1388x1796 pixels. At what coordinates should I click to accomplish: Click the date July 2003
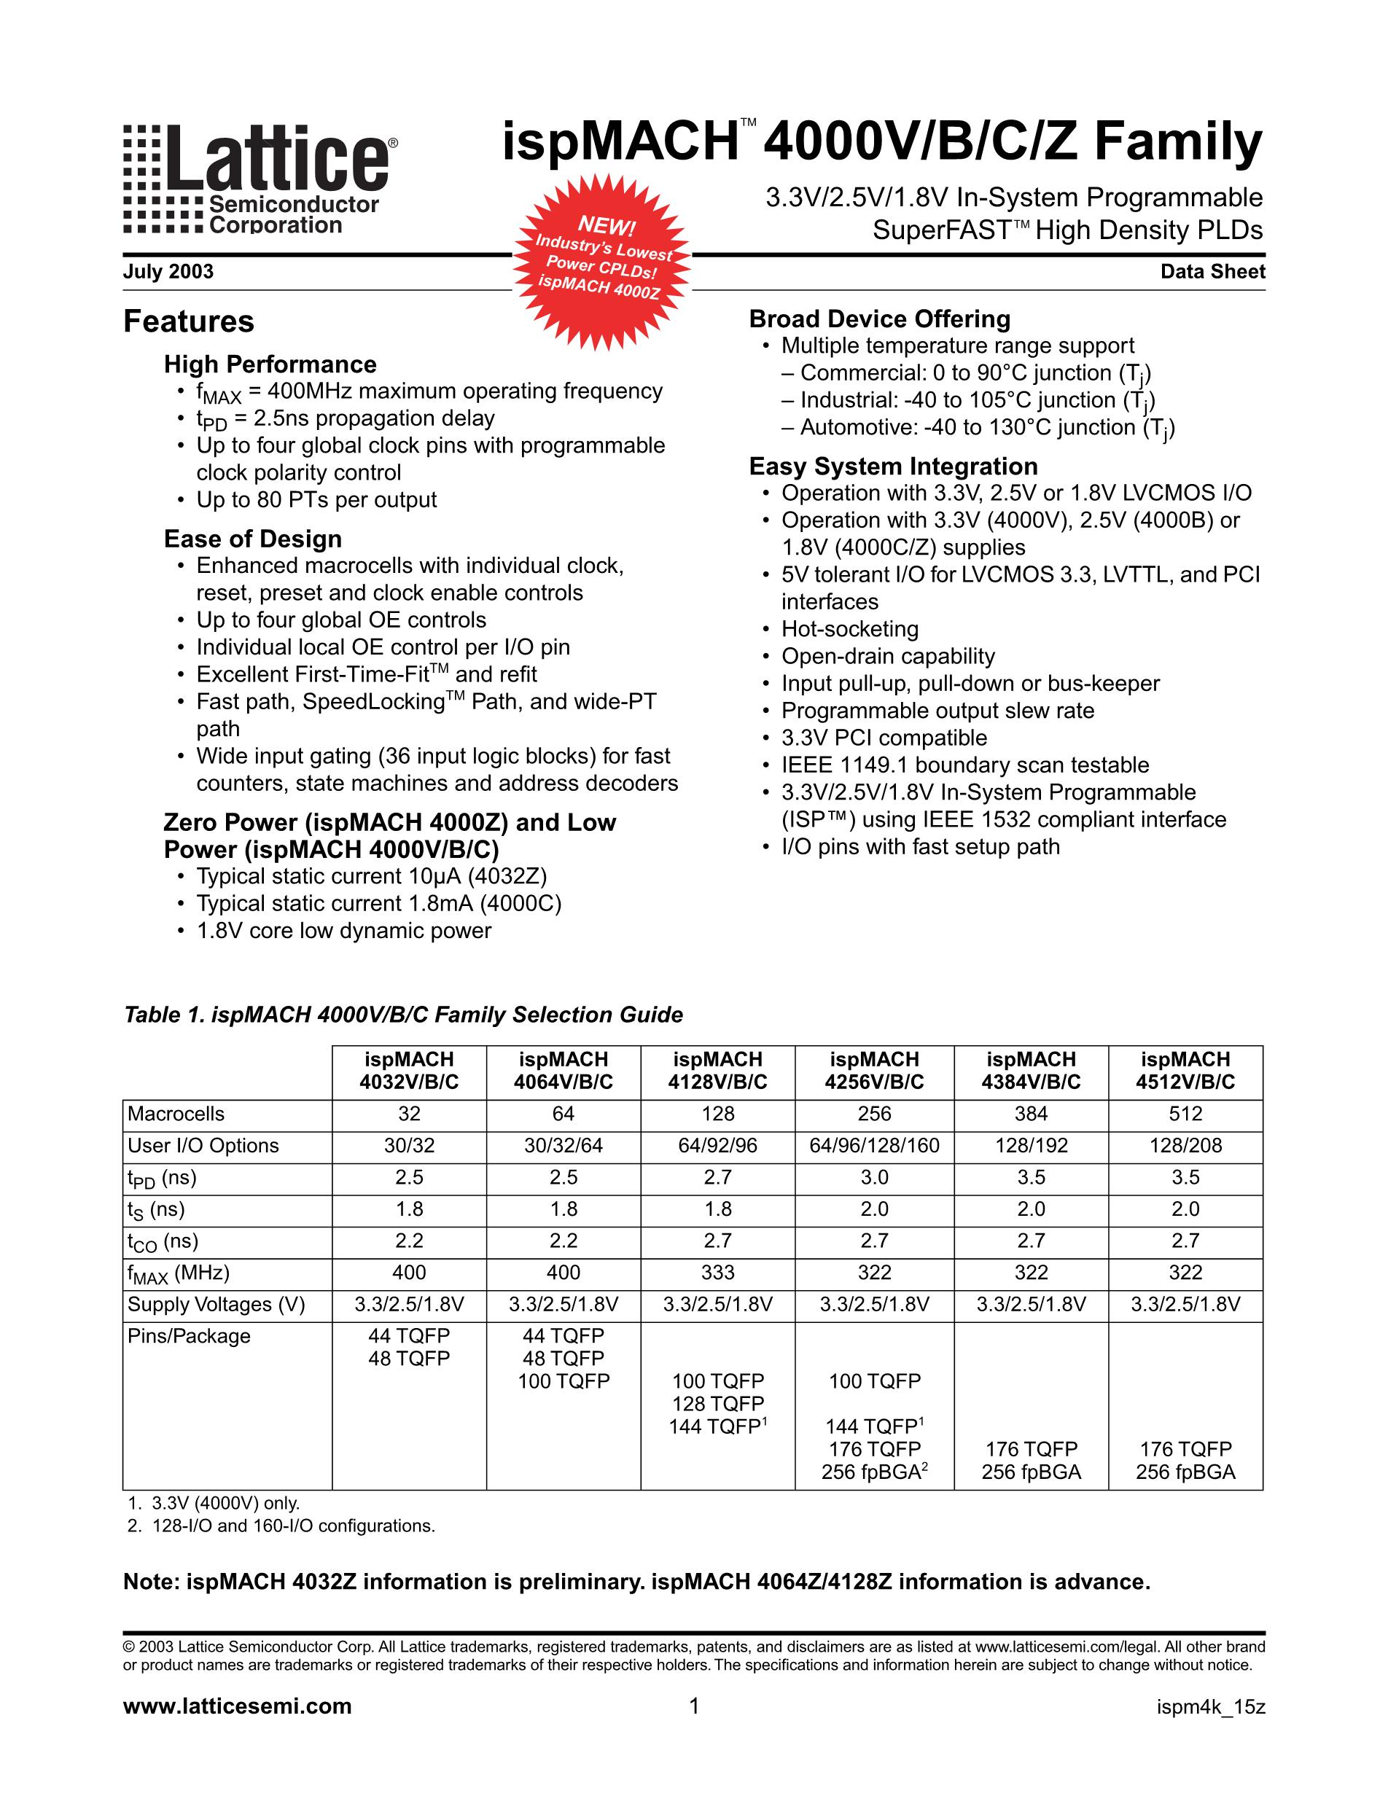[168, 271]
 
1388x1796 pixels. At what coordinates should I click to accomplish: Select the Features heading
[188, 321]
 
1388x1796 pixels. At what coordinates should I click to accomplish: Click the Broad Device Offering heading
[879, 319]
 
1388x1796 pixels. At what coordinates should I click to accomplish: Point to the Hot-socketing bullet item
[849, 629]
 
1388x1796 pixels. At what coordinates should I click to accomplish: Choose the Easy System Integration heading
[893, 466]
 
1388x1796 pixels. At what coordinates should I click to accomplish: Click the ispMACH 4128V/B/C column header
[717, 1071]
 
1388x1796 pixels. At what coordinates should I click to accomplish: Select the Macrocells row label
[176, 1114]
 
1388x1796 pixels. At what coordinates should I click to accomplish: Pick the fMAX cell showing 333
[717, 1273]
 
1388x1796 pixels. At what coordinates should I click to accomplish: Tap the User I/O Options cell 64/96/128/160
[874, 1147]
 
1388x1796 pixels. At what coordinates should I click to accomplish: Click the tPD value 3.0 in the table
[874, 1178]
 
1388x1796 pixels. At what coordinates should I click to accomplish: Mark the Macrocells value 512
[1185, 1114]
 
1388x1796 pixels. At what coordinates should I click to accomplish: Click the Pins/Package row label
[188, 1336]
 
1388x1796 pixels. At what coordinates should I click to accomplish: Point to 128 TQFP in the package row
[717, 1404]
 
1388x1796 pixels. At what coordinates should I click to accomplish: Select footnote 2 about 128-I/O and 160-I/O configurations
[281, 1526]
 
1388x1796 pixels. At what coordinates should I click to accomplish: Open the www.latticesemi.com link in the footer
[237, 1706]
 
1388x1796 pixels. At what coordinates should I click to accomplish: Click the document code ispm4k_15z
[1210, 1707]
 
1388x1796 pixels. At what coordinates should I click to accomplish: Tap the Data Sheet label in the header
[1212, 271]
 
